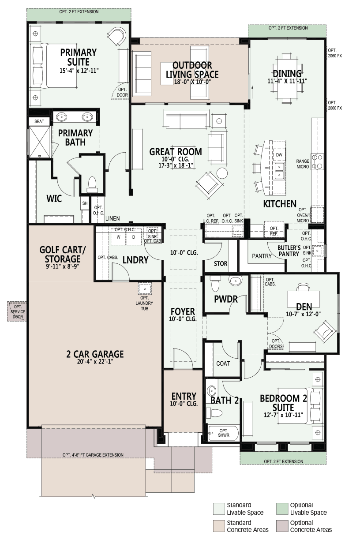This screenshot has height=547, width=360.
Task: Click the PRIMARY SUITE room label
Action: [x=79, y=57]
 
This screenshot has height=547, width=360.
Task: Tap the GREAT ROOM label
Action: [x=176, y=152]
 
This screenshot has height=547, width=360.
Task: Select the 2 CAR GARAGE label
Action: [x=95, y=354]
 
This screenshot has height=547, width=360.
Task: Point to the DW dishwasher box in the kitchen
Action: [x=279, y=154]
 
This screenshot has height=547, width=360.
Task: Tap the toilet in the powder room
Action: [x=215, y=283]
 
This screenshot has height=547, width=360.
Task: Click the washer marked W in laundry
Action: [x=118, y=237]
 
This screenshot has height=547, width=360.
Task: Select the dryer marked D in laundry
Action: [x=134, y=237]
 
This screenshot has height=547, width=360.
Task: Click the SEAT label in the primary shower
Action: [x=39, y=121]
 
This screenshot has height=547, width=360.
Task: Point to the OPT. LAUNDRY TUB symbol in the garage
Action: [x=145, y=289]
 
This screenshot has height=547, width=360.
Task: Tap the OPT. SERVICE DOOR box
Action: [x=17, y=311]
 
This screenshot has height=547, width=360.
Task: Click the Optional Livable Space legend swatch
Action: [x=282, y=509]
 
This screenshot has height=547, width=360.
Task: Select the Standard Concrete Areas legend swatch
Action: [x=218, y=526]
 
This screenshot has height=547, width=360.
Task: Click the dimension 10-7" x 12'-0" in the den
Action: [x=304, y=314]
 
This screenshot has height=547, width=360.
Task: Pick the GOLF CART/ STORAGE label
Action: [x=63, y=254]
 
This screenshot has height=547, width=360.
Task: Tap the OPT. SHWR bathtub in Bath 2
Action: [x=223, y=433]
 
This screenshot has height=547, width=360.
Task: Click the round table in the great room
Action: [x=222, y=173]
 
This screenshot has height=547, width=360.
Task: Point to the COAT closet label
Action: [x=223, y=363]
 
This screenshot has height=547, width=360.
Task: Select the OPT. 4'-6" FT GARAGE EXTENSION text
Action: [x=93, y=455]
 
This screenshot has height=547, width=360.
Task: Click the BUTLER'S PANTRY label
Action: [x=289, y=251]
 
